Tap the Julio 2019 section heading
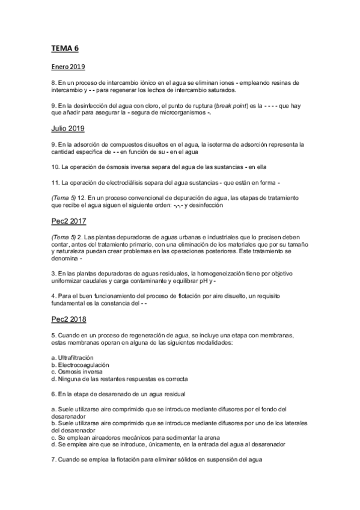67,128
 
